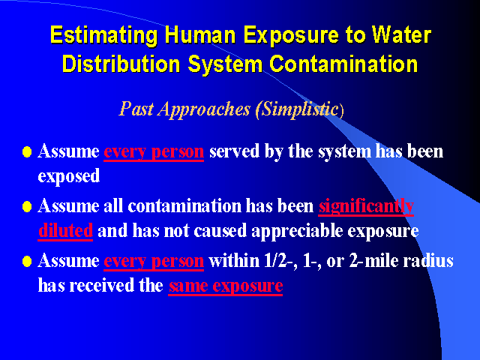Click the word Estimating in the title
coord(103,36)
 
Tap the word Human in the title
coord(200,34)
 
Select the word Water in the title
coord(402,34)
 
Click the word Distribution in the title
coord(121,64)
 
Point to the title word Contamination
coord(343,64)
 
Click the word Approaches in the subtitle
coord(204,109)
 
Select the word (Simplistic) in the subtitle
coord(300,109)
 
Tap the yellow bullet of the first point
coord(27,151)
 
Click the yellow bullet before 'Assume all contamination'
coord(27,207)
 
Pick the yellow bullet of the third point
coord(27,262)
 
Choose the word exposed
coord(69,176)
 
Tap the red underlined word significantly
coord(366,207)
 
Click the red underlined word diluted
coord(65,230)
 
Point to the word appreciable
coord(297,232)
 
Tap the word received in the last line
coord(102,286)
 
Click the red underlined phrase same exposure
coord(226,286)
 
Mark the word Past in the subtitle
coord(136,109)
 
